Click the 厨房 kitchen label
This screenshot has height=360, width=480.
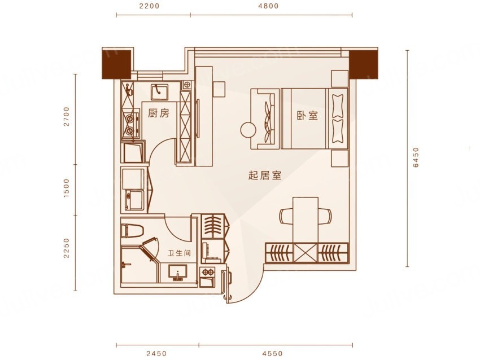pyautogui.click(x=159, y=113)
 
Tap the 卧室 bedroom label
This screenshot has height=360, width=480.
pyautogui.click(x=307, y=115)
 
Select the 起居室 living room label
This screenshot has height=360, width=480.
pyautogui.click(x=265, y=175)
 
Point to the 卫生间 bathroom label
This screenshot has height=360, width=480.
pyautogui.click(x=180, y=253)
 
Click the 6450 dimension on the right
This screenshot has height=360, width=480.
pyautogui.click(x=416, y=157)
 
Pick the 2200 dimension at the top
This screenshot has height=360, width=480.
pyautogui.click(x=150, y=6)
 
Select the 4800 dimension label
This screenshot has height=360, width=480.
pyautogui.click(x=268, y=6)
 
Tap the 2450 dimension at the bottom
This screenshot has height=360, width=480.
pyautogui.click(x=156, y=354)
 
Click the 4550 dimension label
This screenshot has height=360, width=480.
pyautogui.click(x=272, y=354)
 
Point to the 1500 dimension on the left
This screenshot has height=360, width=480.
pyautogui.click(x=67, y=188)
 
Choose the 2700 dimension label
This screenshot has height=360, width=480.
pyautogui.click(x=67, y=116)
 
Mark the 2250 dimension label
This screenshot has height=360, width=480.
pyautogui.click(x=67, y=248)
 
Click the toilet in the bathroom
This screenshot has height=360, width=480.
pyautogui.click(x=132, y=231)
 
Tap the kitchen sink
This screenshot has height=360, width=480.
pyautogui.click(x=159, y=91)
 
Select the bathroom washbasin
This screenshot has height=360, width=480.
pyautogui.click(x=177, y=273)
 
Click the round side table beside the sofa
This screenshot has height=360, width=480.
pyautogui.click(x=248, y=130)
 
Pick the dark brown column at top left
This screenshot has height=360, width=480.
pyautogui.click(x=117, y=64)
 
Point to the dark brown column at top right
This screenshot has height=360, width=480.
pyautogui.click(x=363, y=64)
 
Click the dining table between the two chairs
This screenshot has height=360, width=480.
pyautogui.click(x=306, y=220)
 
